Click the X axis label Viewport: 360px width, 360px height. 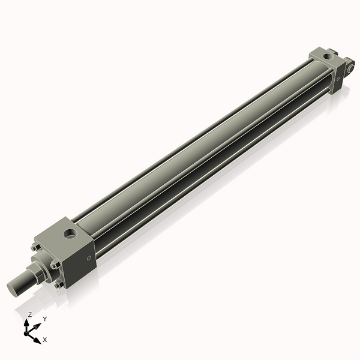(45, 340)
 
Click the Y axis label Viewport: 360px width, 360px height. (44, 319)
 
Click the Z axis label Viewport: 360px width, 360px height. (30, 314)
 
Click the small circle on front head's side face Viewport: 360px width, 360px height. (89, 259)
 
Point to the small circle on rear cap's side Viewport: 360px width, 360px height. (338, 77)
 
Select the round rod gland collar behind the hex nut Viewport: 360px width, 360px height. (46, 267)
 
